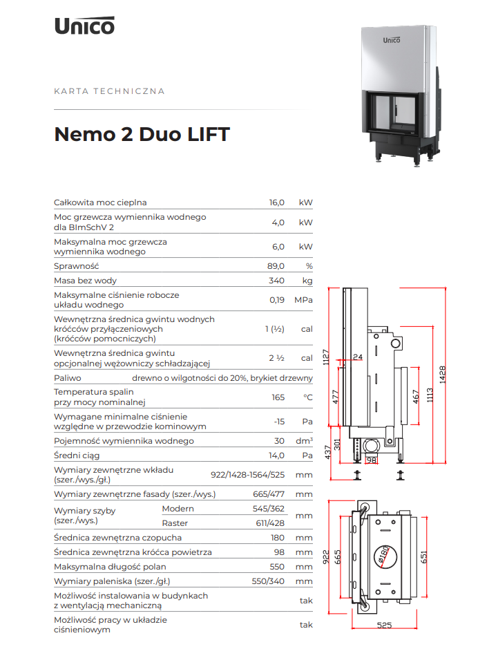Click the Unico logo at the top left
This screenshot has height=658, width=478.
(84, 26)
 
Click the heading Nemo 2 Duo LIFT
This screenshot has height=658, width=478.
(142, 134)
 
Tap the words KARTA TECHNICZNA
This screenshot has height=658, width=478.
(109, 91)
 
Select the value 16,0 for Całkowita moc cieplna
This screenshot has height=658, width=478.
(277, 203)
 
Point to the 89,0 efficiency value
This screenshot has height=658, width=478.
(276, 266)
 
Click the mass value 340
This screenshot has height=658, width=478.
(277, 281)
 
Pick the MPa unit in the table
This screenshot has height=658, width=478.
(303, 300)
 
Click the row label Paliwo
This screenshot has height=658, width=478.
(68, 378)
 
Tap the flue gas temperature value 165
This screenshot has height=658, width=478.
(278, 397)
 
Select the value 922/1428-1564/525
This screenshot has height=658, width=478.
(247, 475)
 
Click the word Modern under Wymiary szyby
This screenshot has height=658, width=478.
(178, 509)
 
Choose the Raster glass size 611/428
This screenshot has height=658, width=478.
(270, 523)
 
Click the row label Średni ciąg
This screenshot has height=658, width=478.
(77, 455)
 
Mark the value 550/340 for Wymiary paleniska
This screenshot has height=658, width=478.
(268, 581)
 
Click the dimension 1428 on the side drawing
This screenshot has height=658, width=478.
(442, 375)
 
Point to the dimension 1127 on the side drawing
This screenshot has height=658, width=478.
(326, 357)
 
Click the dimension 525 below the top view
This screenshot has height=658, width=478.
(384, 625)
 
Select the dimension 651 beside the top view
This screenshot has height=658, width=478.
(423, 557)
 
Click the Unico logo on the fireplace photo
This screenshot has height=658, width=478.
(392, 40)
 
